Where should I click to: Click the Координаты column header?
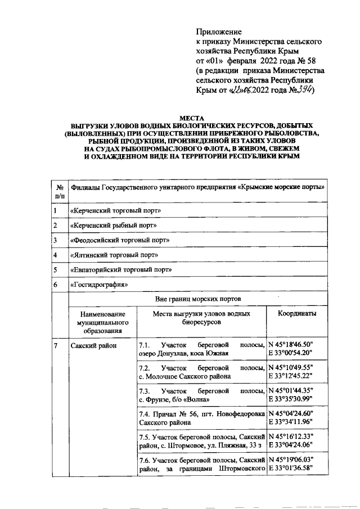click(x=296, y=314)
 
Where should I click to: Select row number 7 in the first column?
click(x=56, y=345)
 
